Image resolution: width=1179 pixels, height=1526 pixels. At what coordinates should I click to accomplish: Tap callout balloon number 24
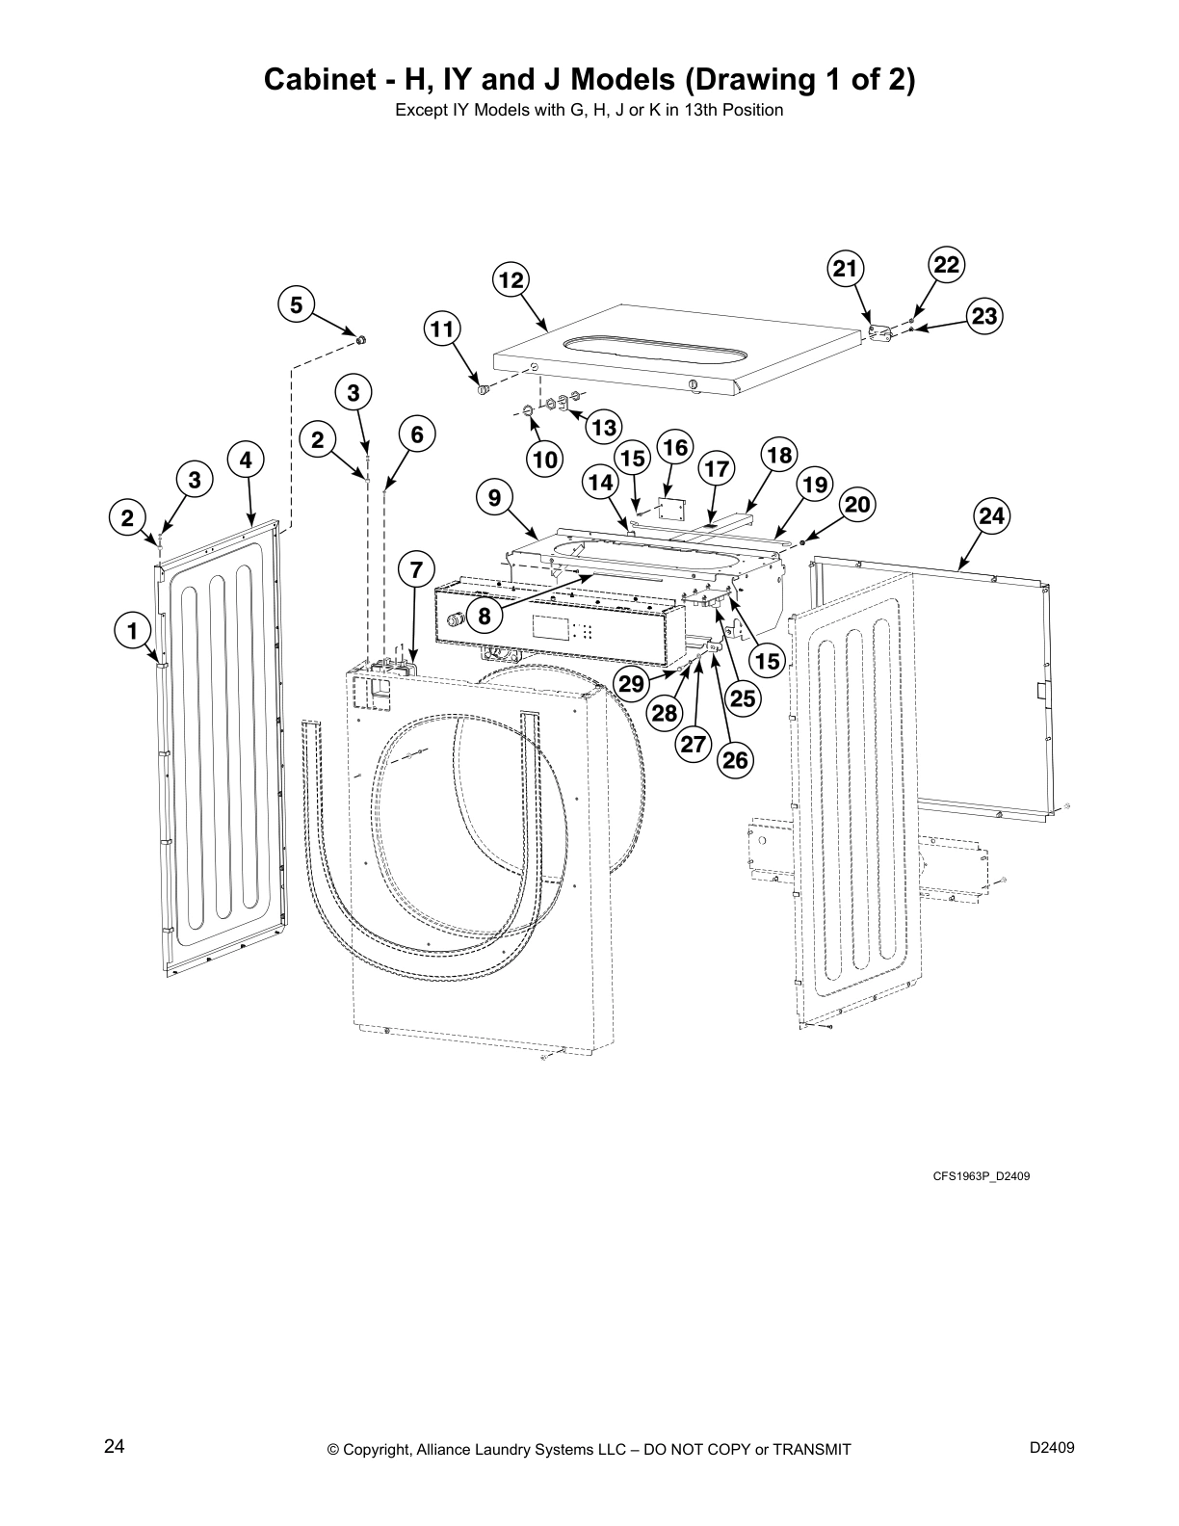991,516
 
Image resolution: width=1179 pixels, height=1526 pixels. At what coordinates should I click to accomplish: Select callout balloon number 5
297,305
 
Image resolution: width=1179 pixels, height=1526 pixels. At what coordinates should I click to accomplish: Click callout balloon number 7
416,570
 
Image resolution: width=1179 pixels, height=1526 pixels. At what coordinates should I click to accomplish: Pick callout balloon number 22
947,265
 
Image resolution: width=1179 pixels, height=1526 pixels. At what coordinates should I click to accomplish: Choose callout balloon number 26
735,760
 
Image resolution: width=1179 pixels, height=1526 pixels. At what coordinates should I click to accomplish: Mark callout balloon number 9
494,498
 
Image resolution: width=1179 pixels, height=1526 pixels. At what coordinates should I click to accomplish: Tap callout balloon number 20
857,505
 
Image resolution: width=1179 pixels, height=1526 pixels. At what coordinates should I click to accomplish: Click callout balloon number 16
675,447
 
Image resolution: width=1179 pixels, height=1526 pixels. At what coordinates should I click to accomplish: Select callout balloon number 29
631,684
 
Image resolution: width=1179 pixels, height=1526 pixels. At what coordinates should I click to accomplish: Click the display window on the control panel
549,629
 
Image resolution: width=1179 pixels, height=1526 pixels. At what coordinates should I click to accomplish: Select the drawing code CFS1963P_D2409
981,1176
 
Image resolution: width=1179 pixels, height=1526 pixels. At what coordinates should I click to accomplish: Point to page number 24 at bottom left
115,1446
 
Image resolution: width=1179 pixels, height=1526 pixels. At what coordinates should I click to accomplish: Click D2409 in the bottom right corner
1052,1447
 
